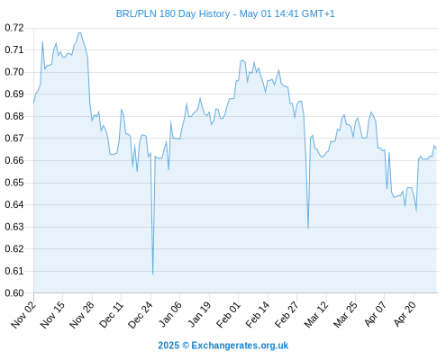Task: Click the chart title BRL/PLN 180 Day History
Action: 173,13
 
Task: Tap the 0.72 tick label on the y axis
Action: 14,28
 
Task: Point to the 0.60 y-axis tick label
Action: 14,292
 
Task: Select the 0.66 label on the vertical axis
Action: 14,160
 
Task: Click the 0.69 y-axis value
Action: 14,94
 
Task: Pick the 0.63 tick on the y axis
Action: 14,227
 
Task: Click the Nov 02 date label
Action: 23,314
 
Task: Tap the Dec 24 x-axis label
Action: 141,314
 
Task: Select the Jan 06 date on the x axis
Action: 170,314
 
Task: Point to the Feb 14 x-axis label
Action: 258,314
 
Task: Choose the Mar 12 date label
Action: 316,314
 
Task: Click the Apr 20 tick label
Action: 405,314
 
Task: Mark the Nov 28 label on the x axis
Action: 82,314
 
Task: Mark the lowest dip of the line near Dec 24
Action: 152,274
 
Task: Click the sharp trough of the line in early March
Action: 308,228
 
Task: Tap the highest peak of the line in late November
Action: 79,32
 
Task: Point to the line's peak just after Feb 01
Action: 242,60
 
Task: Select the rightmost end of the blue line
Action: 436,148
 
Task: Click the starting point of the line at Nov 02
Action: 33,103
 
